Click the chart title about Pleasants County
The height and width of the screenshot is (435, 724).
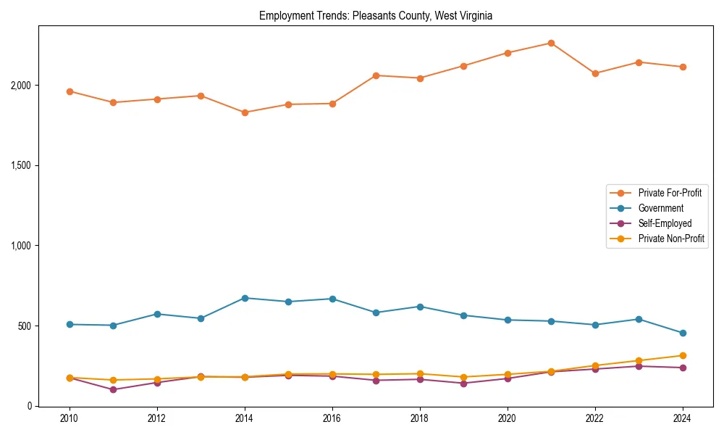click(375, 16)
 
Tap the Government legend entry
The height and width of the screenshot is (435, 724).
click(660, 208)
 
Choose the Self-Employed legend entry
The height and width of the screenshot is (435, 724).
click(665, 223)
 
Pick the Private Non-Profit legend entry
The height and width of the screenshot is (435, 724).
click(671, 239)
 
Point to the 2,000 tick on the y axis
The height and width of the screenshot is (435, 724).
click(21, 86)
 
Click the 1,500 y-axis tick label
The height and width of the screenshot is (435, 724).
click(21, 165)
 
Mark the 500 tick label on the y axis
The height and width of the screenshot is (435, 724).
click(25, 326)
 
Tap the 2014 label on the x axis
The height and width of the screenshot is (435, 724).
click(245, 418)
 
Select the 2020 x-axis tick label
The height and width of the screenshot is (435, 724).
click(507, 418)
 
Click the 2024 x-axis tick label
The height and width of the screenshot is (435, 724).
click(682, 418)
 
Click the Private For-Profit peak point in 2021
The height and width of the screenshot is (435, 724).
click(551, 43)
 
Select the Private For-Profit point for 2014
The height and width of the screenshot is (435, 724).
click(245, 112)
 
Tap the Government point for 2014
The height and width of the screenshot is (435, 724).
click(245, 298)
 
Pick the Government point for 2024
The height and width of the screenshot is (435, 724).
click(682, 333)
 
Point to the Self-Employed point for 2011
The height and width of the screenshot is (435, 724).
click(114, 389)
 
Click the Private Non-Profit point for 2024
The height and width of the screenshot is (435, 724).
click(682, 355)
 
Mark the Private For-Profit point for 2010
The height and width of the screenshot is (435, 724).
click(70, 91)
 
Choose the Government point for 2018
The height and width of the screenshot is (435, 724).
click(420, 307)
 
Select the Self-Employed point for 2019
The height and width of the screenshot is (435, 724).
click(463, 383)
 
